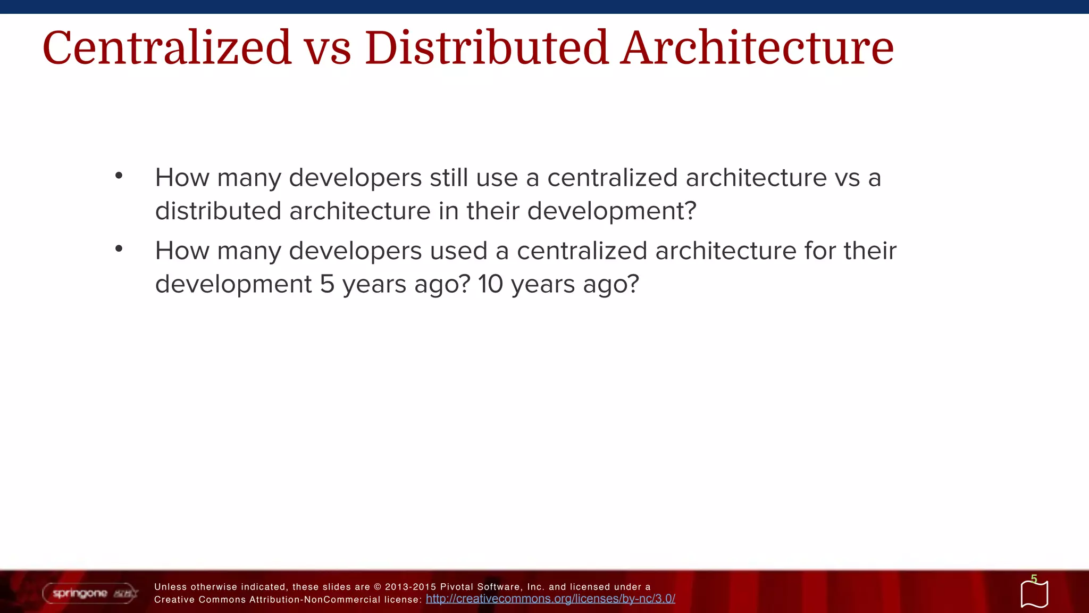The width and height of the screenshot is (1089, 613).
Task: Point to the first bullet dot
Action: tap(119, 175)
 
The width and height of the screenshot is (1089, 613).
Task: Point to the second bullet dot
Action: tap(119, 248)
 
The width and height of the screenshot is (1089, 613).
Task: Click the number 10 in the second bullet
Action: tap(490, 284)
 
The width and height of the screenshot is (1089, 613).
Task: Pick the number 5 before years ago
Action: tap(327, 284)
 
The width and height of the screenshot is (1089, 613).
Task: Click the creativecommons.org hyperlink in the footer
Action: tap(550, 599)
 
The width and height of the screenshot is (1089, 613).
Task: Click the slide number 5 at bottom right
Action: tap(1034, 578)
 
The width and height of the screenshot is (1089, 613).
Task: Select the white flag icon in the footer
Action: tap(1034, 594)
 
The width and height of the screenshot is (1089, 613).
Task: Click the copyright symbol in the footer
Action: tap(378, 587)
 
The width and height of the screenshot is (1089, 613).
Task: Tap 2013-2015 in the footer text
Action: tap(410, 587)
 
